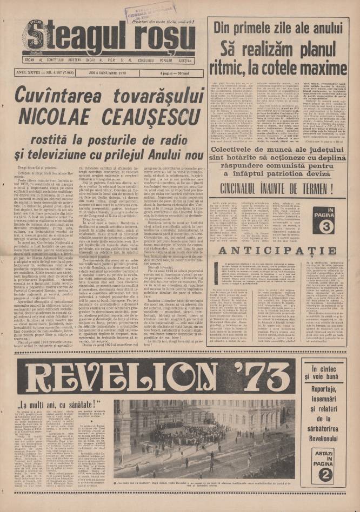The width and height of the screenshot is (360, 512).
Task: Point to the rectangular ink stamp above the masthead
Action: [143, 12]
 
